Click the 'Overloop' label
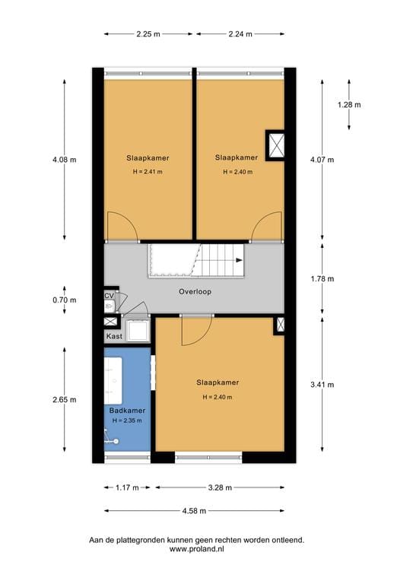[195, 291]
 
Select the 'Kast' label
[114, 335]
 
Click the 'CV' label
[109, 295]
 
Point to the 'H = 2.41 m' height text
[148, 172]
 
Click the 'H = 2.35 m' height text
[127, 421]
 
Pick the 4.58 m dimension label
[195, 511]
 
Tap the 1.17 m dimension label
[126, 487]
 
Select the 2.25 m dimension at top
[149, 34]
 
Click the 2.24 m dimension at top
[240, 34]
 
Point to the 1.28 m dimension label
[349, 105]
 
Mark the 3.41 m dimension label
[322, 384]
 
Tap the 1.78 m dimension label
[322, 279]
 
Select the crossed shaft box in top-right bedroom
[275, 144]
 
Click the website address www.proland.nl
[196, 548]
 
